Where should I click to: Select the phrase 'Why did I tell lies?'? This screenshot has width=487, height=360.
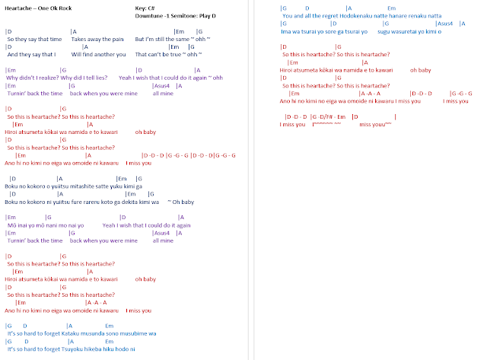pyautogui.click(x=84, y=78)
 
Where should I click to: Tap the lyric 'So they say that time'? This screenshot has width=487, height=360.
pyautogui.click(x=33, y=38)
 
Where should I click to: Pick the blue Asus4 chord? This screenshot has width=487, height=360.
pyautogui.click(x=445, y=24)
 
